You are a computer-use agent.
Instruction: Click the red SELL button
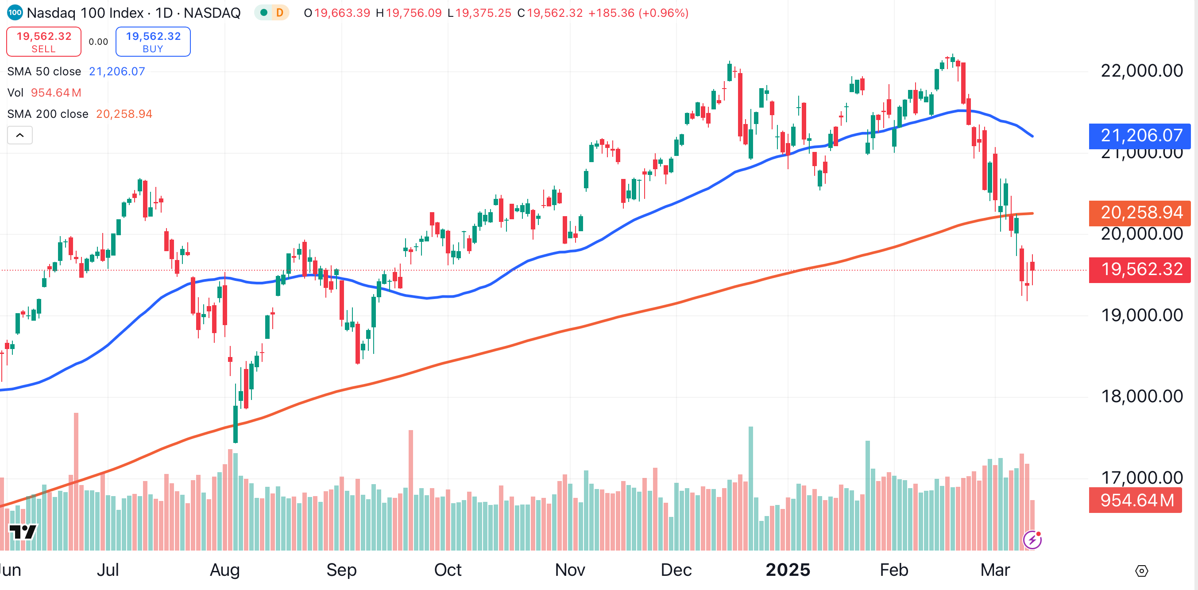[x=44, y=42]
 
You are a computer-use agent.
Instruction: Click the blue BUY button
[x=153, y=42]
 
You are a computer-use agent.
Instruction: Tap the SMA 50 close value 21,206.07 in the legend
[x=117, y=72]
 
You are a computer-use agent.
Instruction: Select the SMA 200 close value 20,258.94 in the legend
[x=124, y=114]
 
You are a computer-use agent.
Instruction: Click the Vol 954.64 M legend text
[x=45, y=93]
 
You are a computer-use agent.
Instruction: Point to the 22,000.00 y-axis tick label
[x=1141, y=71]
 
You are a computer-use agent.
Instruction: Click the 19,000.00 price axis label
[x=1141, y=315]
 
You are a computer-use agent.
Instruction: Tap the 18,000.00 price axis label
[x=1141, y=396]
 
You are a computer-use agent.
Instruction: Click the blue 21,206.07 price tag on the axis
[x=1140, y=136]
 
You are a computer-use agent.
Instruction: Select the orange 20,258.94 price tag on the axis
[x=1140, y=213]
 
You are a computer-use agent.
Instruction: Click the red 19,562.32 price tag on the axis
[x=1140, y=269]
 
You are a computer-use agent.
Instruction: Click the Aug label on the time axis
[x=224, y=570]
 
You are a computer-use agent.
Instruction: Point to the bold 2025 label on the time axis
[x=788, y=570]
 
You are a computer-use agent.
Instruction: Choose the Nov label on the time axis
[x=570, y=570]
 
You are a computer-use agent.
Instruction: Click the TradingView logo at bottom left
[x=23, y=532]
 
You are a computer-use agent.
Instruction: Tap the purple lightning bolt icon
[x=1032, y=540]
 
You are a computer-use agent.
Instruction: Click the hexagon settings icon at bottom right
[x=1142, y=571]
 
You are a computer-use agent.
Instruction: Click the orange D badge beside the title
[x=279, y=12]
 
